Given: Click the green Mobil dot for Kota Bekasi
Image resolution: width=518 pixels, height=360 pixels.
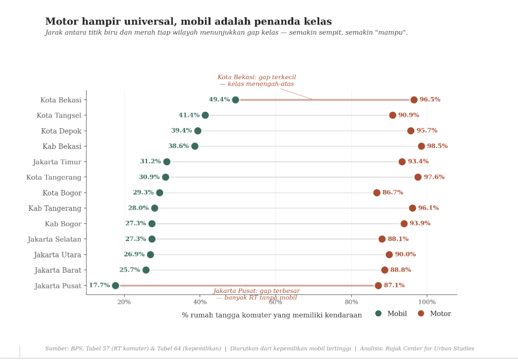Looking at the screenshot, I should point(235,100).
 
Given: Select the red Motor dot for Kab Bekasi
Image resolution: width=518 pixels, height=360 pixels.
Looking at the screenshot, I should point(421,146).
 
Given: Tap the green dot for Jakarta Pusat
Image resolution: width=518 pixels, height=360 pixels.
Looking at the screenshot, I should point(116,286).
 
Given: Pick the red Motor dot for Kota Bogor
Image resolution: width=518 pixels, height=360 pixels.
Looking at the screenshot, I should point(377,193).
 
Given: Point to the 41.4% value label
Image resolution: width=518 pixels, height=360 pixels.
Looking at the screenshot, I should point(189,115).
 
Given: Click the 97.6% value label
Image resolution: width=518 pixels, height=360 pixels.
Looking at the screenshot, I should point(434,177).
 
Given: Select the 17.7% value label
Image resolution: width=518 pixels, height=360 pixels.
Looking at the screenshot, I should point(99,285).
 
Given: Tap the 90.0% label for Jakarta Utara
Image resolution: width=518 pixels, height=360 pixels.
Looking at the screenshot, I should point(405,254).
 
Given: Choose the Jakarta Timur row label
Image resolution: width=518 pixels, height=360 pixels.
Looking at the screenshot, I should point(57,162).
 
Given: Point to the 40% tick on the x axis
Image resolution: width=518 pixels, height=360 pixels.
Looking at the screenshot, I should point(200,302).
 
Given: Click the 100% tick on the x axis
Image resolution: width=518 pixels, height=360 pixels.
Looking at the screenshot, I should point(427,302).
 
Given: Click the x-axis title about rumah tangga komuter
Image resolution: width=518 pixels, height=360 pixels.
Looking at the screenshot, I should point(272,315).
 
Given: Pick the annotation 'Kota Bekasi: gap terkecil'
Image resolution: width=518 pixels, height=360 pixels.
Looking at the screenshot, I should point(256,77).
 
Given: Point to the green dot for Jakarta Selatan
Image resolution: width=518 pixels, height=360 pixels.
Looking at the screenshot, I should point(152,239).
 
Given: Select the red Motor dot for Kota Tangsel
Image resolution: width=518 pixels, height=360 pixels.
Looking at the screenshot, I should point(392,115).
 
